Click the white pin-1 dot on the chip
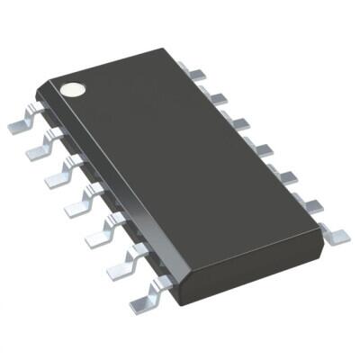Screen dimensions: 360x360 pos(70,90)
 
